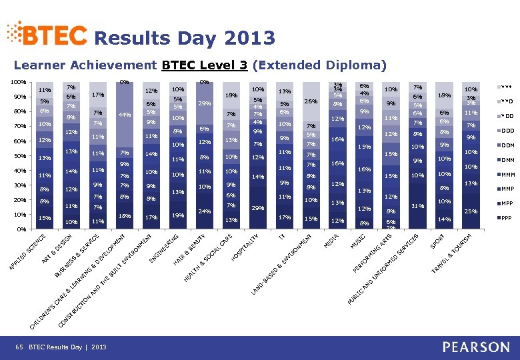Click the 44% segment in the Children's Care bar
coord(124,115)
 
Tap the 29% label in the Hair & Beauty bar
coord(205,103)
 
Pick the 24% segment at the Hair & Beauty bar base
coord(205,211)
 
